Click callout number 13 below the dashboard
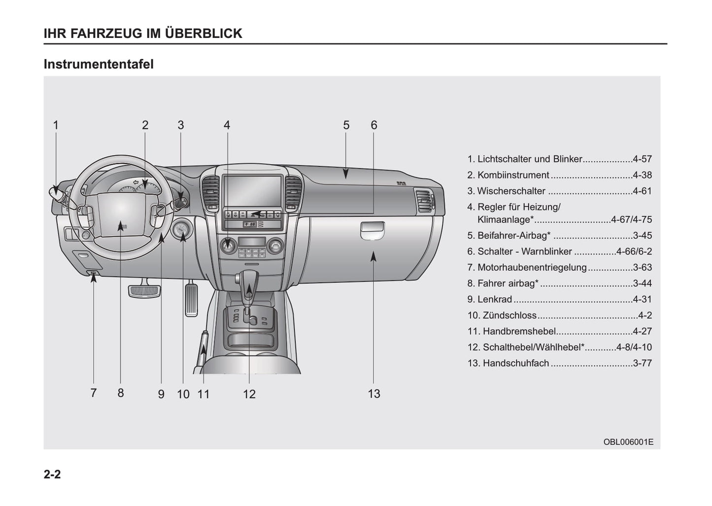[x=374, y=394]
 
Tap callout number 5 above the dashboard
[x=346, y=125]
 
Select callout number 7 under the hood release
[x=93, y=393]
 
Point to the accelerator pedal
[x=191, y=298]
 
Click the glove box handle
[x=372, y=229]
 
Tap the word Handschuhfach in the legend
[x=515, y=363]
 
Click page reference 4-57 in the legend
[x=642, y=159]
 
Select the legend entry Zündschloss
[x=509, y=315]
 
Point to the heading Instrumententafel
[x=99, y=64]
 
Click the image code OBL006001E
[x=628, y=442]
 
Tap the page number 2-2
[x=52, y=474]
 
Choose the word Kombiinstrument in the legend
[x=513, y=175]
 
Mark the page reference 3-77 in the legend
[x=642, y=363]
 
